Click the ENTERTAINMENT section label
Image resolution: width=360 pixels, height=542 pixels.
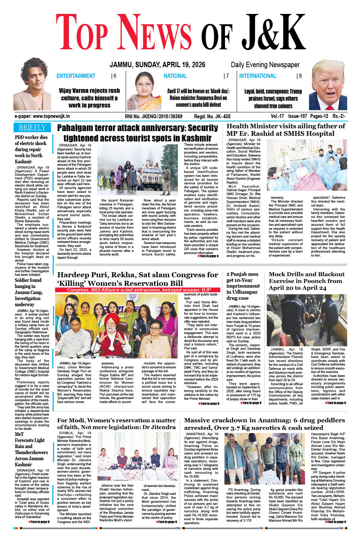point(76,76)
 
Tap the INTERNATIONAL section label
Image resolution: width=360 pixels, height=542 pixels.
point(257,76)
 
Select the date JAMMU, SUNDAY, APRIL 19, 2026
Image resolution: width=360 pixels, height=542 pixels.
point(157,65)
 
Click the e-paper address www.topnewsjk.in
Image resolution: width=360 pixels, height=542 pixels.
point(42,116)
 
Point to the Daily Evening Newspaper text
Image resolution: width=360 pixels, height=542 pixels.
point(265,65)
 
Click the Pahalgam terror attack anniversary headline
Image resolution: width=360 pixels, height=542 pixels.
point(137,133)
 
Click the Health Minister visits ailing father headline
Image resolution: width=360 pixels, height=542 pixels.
point(286,130)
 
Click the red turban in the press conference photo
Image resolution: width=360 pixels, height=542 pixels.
point(112,318)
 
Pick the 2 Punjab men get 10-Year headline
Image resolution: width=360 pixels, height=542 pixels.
point(243,286)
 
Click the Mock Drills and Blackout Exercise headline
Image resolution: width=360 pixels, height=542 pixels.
point(306,281)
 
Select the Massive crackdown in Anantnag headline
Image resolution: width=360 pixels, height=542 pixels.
point(264,424)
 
